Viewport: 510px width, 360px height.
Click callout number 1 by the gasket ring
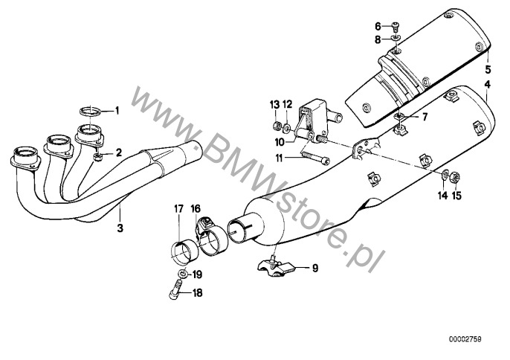click(x=117, y=111)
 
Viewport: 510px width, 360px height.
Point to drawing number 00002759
click(x=481, y=340)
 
